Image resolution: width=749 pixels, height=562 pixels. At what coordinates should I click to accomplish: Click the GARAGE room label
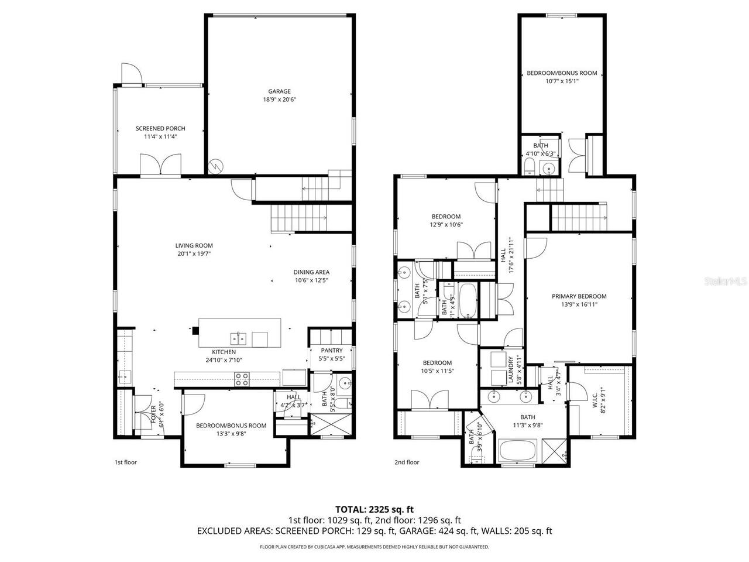pos(279,91)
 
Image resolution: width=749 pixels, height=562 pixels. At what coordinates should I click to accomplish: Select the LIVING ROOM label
pos(194,246)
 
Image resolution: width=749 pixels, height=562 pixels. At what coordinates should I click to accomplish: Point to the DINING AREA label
pos(311,272)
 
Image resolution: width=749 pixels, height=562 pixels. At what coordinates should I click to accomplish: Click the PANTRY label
pos(331,351)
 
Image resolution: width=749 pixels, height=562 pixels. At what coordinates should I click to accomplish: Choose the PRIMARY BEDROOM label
pos(579,296)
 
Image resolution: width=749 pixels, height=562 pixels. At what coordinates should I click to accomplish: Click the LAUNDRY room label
pos(510,369)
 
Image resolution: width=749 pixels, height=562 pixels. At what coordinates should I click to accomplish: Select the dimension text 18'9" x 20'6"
pos(279,100)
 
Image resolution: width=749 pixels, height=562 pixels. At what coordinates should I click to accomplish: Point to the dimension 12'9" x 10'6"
pos(446,224)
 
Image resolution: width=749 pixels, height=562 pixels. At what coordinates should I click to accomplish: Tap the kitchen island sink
pos(238,338)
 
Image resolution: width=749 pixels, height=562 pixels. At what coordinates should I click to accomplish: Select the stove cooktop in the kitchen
pos(242,379)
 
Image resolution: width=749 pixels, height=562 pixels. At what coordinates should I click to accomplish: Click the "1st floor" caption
pos(125,462)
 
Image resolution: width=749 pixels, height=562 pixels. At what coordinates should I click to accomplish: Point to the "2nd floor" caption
pos(407,462)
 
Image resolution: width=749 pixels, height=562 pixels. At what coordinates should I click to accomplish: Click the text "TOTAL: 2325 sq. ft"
pos(374,509)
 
